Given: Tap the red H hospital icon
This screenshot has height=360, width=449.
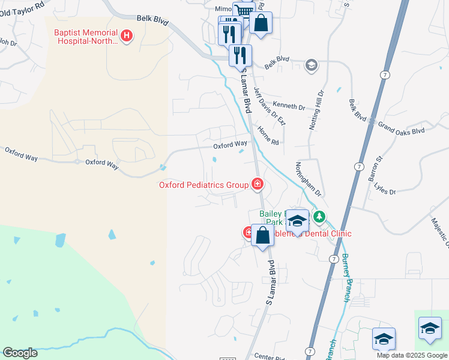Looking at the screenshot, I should (x=127, y=37).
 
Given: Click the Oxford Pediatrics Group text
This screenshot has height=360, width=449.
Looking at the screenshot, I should (x=203, y=185).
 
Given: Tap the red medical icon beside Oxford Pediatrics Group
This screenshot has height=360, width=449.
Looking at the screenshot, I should (x=258, y=184).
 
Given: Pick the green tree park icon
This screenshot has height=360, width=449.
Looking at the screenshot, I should (x=320, y=217).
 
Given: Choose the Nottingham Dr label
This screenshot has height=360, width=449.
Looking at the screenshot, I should (x=309, y=179).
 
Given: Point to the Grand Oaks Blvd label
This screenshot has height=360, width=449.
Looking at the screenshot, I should (x=400, y=127).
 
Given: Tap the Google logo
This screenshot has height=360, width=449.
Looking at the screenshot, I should (x=20, y=353).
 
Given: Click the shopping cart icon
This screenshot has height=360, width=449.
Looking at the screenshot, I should (x=244, y=11).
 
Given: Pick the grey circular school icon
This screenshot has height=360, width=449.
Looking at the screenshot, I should (x=311, y=65).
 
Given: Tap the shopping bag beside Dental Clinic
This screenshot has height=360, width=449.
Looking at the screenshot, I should (x=262, y=235).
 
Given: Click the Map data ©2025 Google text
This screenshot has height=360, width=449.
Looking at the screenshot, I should (x=412, y=355).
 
